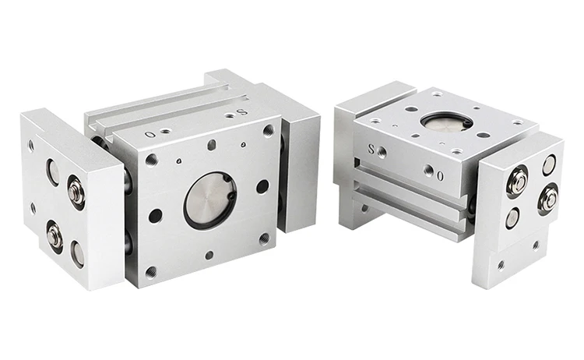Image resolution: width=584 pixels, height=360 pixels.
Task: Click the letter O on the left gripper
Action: point(150,134)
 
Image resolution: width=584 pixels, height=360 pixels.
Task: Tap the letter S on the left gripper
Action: point(242,111)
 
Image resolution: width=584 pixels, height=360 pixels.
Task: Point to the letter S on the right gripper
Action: point(371,149)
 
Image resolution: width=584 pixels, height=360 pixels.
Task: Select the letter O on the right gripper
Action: point(440,176)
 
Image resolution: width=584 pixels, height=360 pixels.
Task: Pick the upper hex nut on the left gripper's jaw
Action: point(76,192)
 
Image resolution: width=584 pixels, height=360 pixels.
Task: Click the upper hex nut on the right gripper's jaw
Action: point(519,181)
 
